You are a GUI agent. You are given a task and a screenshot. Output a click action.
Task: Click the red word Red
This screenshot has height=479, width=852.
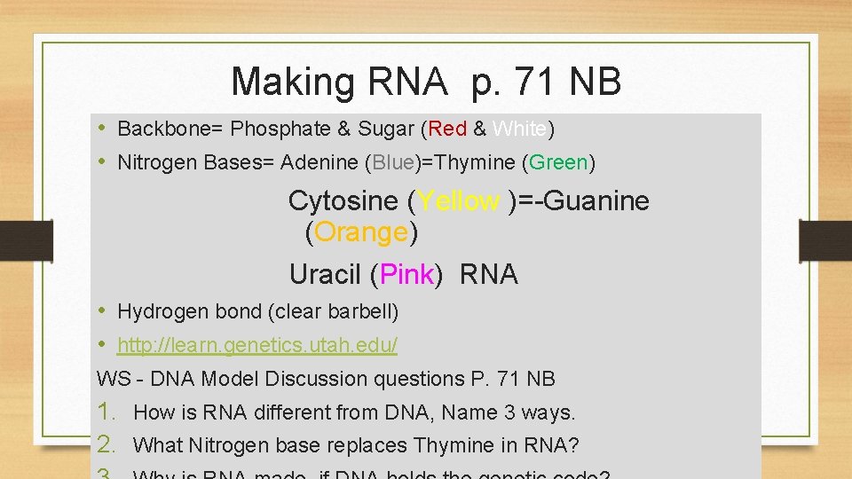[x=448, y=130]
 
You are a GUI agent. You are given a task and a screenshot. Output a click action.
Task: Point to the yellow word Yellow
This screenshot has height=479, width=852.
[x=458, y=201]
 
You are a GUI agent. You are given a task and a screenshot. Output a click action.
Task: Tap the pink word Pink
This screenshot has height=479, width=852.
[x=406, y=274]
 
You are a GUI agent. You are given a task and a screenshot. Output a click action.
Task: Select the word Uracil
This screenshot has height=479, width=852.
[x=325, y=274]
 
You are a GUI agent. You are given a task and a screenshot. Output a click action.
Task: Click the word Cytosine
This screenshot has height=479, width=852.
[x=343, y=201]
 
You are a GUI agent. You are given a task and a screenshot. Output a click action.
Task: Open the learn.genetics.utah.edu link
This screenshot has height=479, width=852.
[x=257, y=345]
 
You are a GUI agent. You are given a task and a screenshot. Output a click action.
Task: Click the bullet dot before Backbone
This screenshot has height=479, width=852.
[x=103, y=129]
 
